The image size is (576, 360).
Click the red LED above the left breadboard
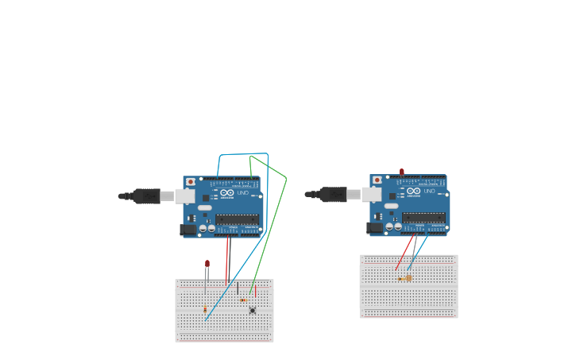[x=207, y=263]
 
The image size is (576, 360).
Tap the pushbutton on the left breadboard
[x=253, y=310]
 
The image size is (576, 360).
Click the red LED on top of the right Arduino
[x=402, y=171]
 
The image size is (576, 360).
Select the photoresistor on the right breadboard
[x=408, y=278]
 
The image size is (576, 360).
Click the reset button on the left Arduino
[x=191, y=182]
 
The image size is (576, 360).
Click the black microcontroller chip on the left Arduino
[x=237, y=219]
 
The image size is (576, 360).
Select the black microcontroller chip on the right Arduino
[x=423, y=218]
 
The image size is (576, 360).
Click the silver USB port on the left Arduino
[x=185, y=196]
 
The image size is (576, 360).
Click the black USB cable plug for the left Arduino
[x=147, y=196]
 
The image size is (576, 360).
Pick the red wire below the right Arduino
[x=405, y=253]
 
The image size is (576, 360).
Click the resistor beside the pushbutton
[x=243, y=300]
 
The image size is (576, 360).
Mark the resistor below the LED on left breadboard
[x=205, y=309]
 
